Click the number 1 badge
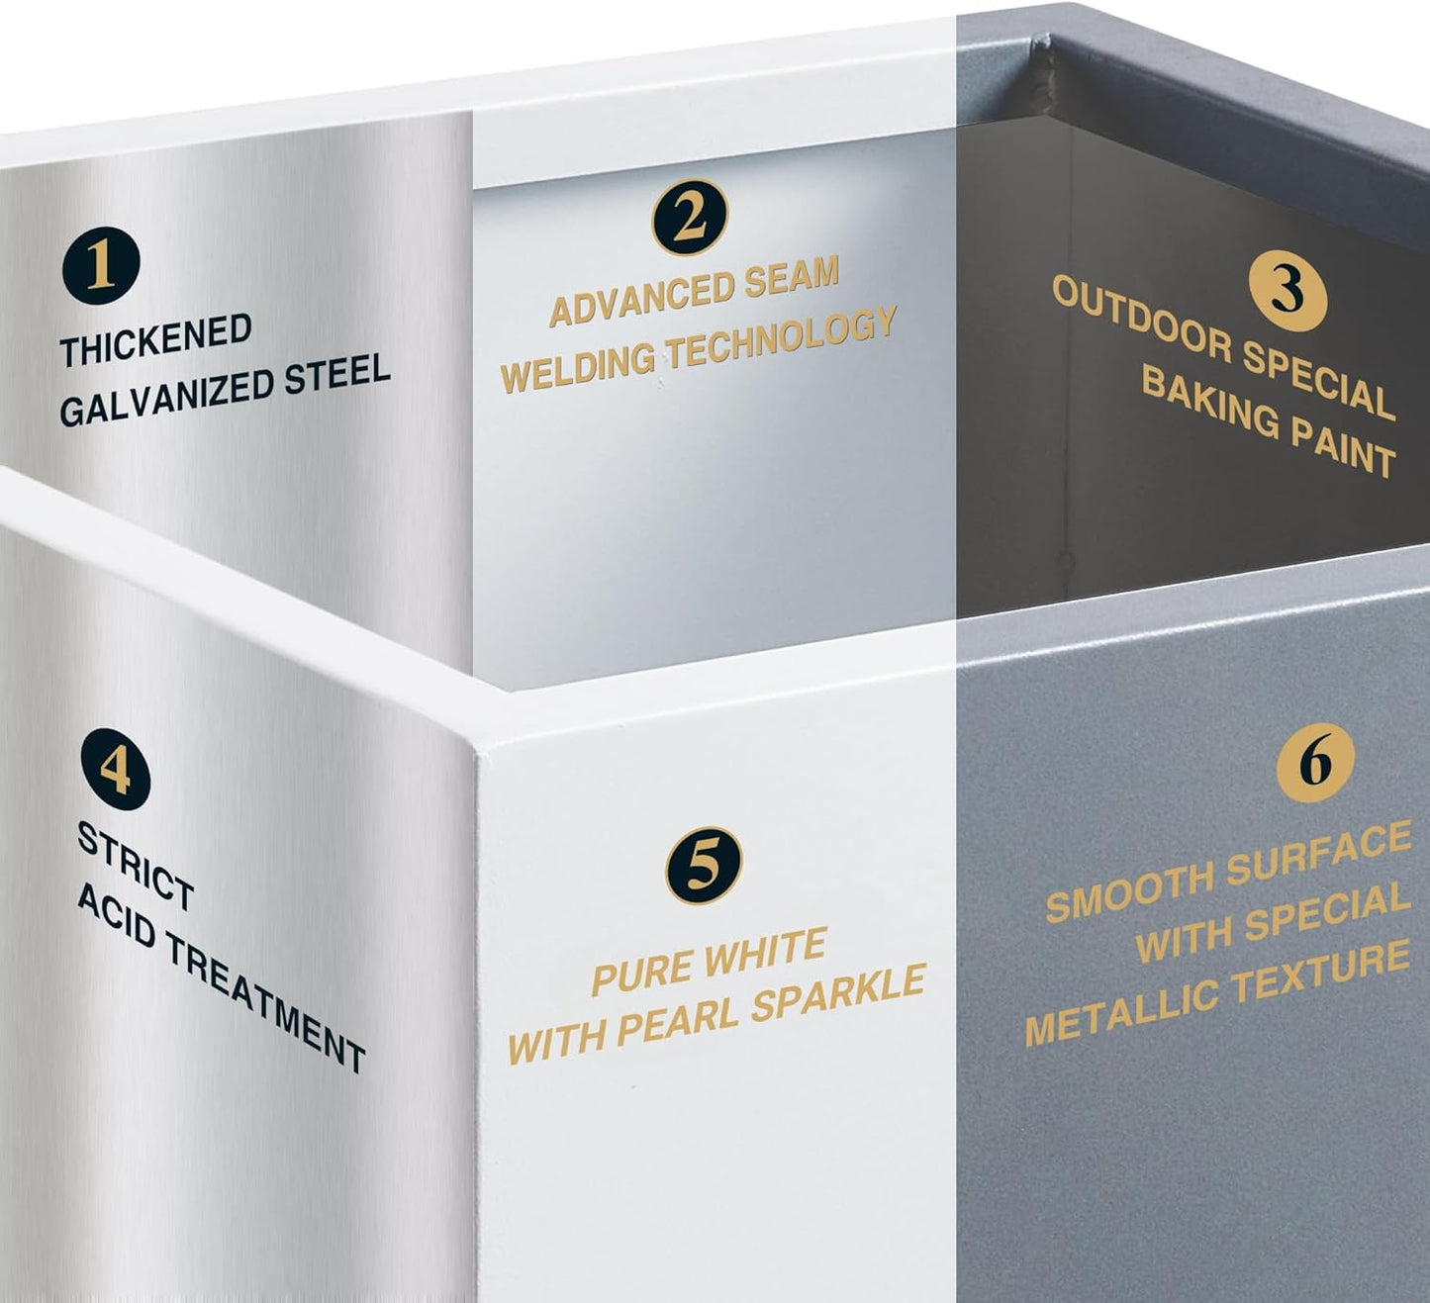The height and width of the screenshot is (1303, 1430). pyautogui.click(x=101, y=266)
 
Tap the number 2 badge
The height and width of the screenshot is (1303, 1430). pyautogui.click(x=690, y=218)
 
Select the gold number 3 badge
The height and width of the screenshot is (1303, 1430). pyautogui.click(x=1288, y=293)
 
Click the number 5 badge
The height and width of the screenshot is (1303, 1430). pyautogui.click(x=704, y=866)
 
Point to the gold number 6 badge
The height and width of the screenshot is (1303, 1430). pyautogui.click(x=1315, y=764)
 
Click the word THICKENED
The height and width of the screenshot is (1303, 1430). pyautogui.click(x=156, y=340)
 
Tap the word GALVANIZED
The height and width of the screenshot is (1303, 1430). pyautogui.click(x=165, y=397)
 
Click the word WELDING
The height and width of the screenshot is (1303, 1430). pyautogui.click(x=577, y=366)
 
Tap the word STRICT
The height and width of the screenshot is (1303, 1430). pyautogui.click(x=136, y=866)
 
